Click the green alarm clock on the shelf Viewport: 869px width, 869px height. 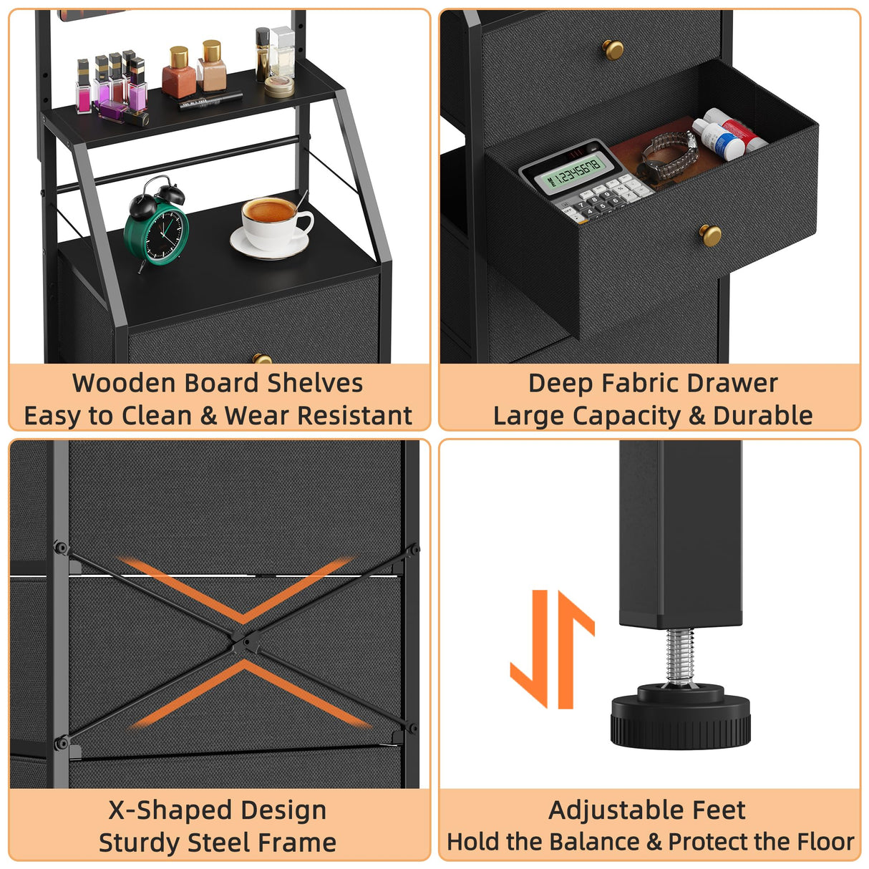[x=156, y=225]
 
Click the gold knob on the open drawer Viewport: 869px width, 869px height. [x=710, y=236]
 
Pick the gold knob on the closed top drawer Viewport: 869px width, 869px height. [x=613, y=49]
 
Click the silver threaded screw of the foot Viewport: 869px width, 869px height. [x=681, y=656]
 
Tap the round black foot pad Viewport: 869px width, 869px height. [x=681, y=717]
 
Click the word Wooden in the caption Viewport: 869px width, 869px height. [x=124, y=383]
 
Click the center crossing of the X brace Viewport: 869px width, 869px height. [x=243, y=641]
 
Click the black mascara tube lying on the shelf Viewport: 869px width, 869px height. [x=211, y=100]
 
